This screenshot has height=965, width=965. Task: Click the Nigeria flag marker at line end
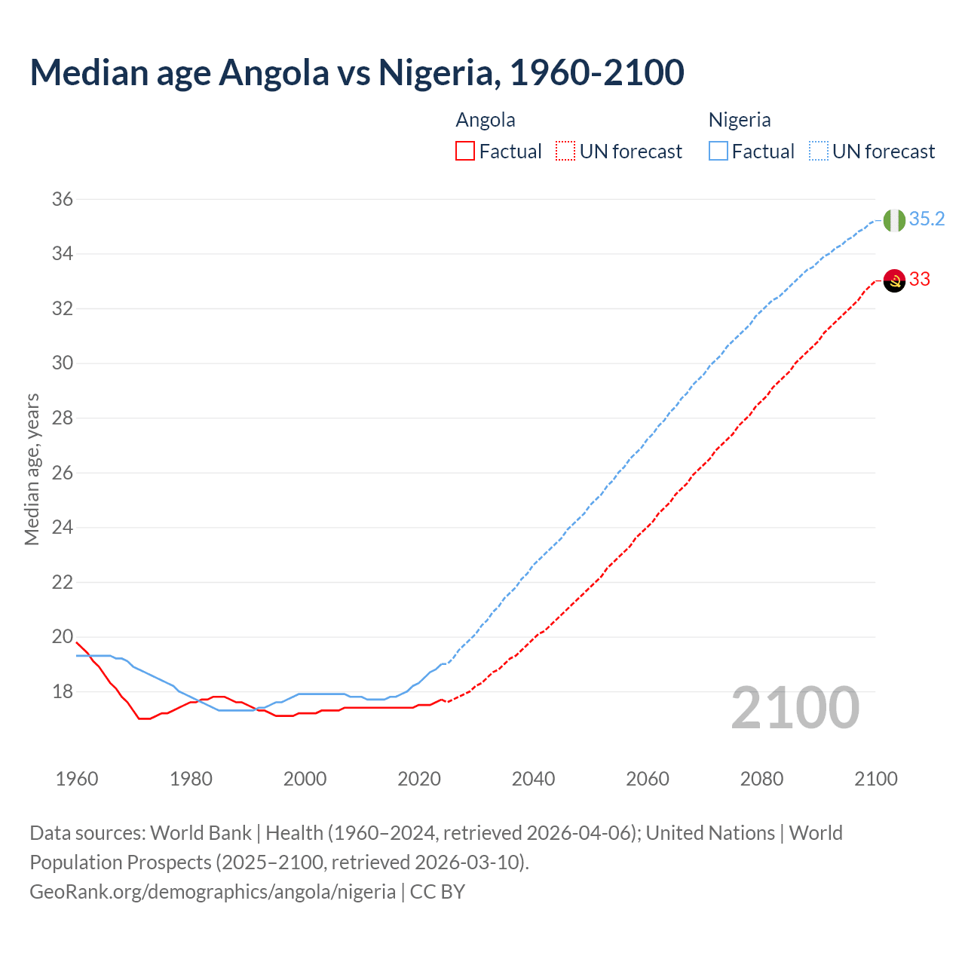coord(894,220)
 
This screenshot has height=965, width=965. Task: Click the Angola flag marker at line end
coord(894,280)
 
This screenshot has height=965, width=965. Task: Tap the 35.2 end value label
coord(927,219)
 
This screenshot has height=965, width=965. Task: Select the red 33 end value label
coord(920,279)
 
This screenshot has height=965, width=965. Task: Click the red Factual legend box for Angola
coord(465,152)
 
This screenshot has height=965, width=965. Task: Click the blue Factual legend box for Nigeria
coord(718,152)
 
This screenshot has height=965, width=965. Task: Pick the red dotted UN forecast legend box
coord(565,152)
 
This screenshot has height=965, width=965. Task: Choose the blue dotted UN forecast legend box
coord(819,152)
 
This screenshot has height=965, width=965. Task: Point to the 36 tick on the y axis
coord(63,200)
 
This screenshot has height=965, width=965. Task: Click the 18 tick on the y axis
coord(63,691)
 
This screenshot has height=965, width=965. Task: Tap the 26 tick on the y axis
coord(63,473)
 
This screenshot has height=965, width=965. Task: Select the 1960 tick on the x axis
coord(77,779)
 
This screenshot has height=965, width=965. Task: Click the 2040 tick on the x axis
coord(533,779)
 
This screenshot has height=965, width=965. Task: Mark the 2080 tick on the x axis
coord(761,779)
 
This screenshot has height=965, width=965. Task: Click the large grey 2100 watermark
coord(795,707)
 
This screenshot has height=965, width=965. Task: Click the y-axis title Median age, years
coord(32,469)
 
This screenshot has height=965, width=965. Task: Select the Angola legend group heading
coord(486,120)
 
